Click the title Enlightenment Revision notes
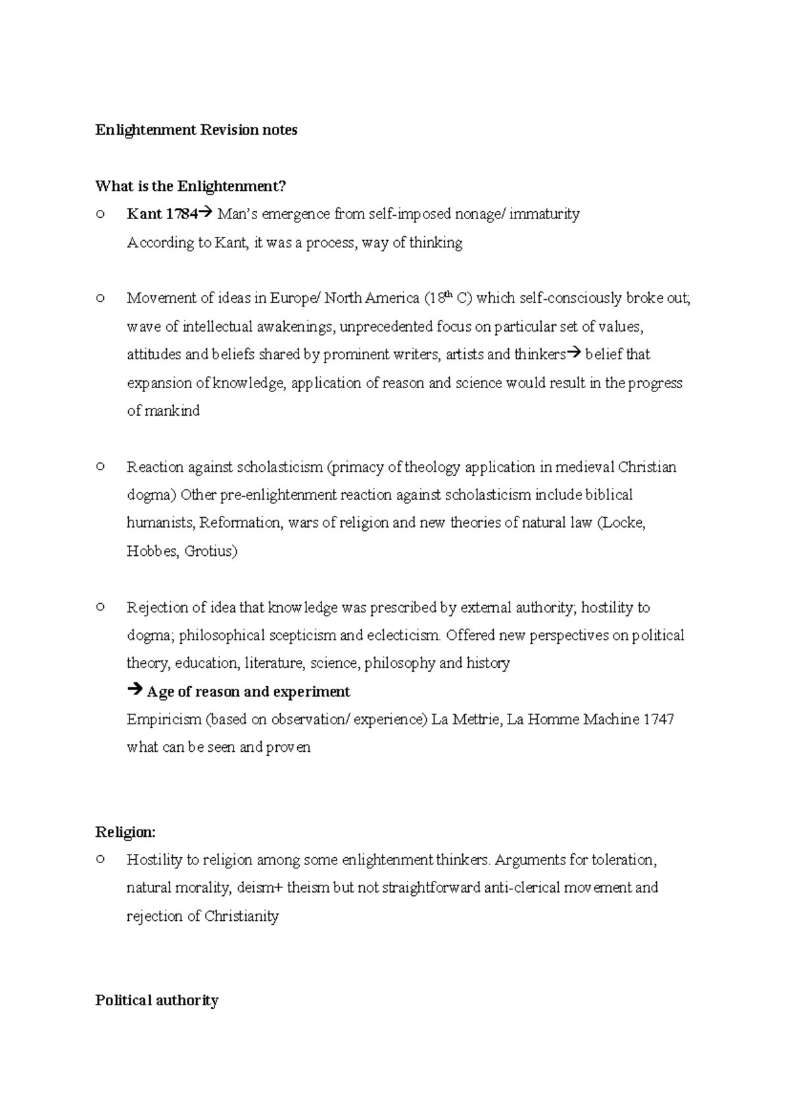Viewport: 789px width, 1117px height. click(x=196, y=130)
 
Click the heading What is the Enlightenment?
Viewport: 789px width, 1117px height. click(x=191, y=186)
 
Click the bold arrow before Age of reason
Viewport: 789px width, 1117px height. click(x=134, y=691)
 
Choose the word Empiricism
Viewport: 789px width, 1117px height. click(x=164, y=720)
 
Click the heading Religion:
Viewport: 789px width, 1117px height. click(x=126, y=832)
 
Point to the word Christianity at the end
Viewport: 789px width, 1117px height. click(x=241, y=916)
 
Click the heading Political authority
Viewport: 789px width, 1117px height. click(x=156, y=1001)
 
